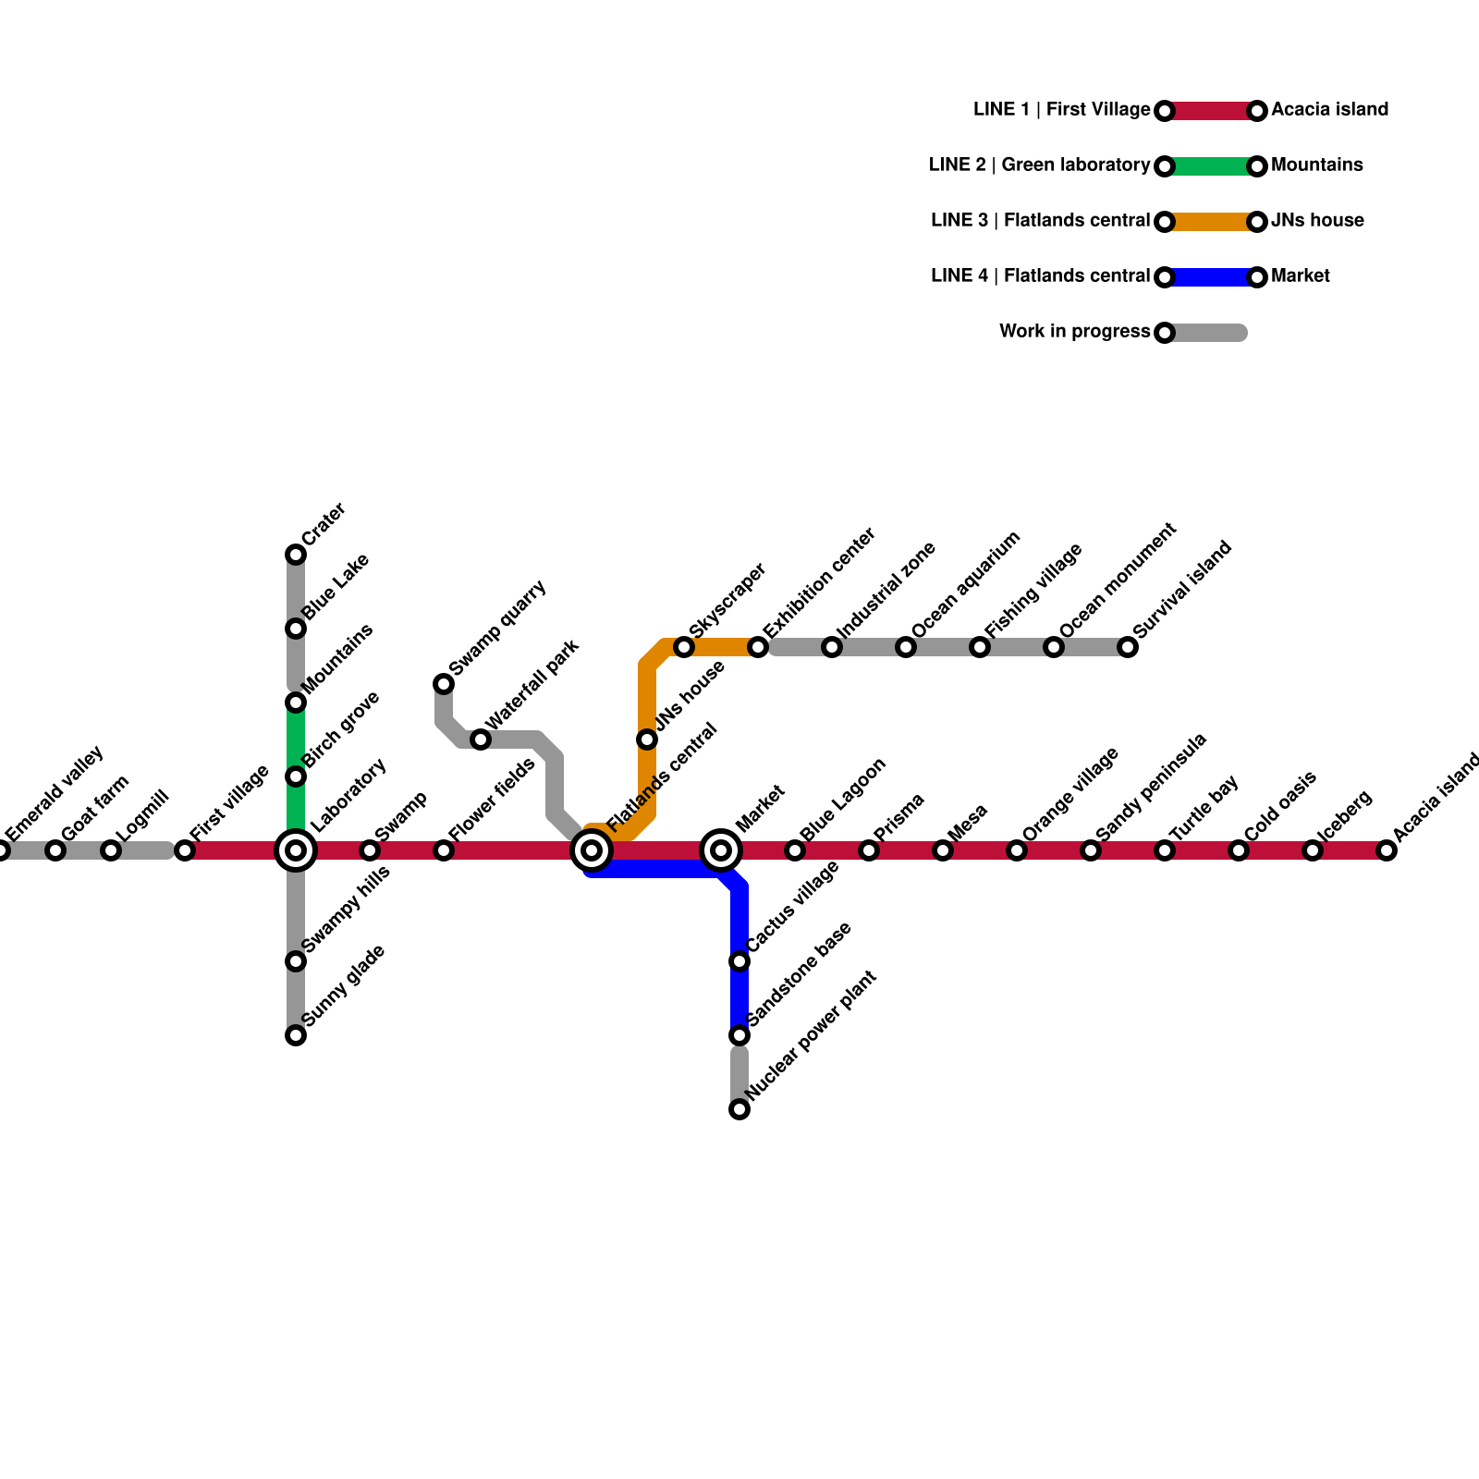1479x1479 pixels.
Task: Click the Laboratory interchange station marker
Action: point(296,850)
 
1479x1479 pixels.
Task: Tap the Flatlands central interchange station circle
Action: point(592,850)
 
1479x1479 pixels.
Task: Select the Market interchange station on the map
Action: point(721,850)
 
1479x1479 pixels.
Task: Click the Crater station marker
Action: point(296,555)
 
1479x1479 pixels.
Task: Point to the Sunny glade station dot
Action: point(296,1035)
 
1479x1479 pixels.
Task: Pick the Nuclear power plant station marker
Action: point(739,1109)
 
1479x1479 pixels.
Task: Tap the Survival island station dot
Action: point(1128,647)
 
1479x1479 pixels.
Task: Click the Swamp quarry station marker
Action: point(444,684)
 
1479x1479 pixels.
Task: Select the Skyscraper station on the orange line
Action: point(684,647)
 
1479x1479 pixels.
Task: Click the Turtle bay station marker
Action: point(1165,850)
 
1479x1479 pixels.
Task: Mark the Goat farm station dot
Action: point(55,850)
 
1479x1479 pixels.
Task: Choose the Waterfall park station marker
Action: point(481,739)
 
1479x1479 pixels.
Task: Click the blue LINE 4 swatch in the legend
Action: point(1211,277)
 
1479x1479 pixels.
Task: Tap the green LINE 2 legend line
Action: point(1211,166)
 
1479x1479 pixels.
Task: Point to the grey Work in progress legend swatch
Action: point(1206,333)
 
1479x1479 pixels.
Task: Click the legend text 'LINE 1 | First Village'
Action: point(1061,110)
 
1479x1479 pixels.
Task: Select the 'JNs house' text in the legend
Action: point(1317,221)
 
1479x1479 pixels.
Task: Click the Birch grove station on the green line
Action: point(296,776)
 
